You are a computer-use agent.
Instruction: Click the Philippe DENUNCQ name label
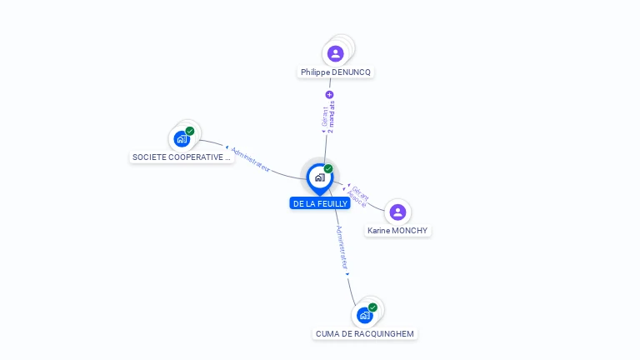coord(336,72)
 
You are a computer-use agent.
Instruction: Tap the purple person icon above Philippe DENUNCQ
coord(336,54)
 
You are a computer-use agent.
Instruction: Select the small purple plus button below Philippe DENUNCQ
coord(329,95)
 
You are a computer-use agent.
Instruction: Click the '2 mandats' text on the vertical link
coord(332,117)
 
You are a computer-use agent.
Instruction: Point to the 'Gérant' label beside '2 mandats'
coord(324,117)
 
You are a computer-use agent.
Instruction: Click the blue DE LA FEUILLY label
coord(320,203)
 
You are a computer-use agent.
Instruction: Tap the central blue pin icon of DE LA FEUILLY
coord(319,177)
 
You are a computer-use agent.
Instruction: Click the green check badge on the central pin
coord(328,169)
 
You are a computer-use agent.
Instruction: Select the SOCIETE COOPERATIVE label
coord(182,157)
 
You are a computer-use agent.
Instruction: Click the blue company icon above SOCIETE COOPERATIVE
coord(182,139)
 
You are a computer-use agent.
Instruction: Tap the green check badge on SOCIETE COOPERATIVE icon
coord(190,131)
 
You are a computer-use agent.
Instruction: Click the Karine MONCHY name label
coord(398,230)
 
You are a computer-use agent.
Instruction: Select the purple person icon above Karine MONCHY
coord(397,212)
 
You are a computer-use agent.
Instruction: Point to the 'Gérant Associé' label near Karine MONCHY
coord(358,197)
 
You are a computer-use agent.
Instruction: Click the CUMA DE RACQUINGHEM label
coord(365,333)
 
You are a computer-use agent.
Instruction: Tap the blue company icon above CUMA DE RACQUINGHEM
coord(364,316)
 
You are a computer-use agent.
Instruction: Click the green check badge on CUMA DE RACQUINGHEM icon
coord(372,307)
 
